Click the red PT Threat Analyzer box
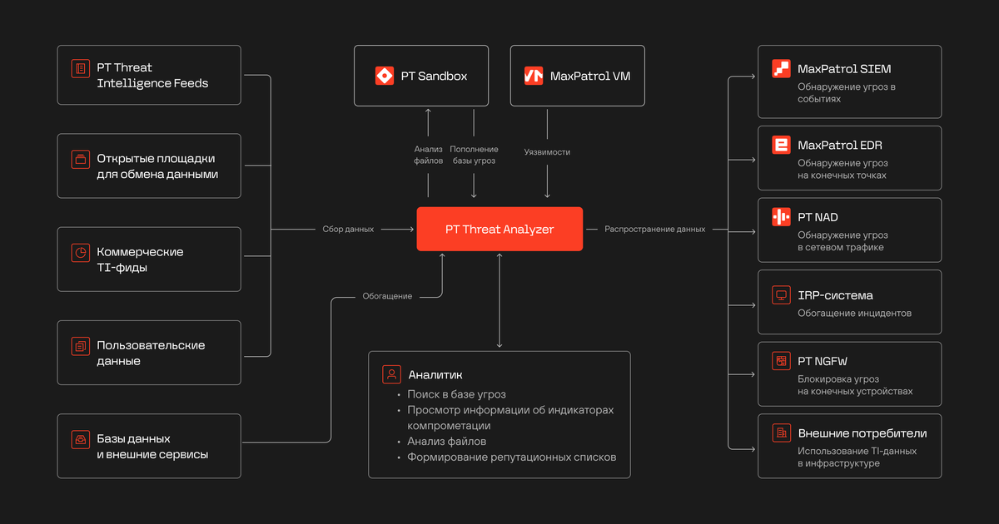499,229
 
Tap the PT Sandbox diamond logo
385,76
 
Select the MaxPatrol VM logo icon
534,76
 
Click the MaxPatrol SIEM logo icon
781,68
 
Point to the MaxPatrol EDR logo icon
781,145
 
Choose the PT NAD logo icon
781,217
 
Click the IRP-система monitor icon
781,295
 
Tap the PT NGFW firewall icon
781,361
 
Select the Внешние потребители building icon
781,433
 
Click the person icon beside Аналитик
391,374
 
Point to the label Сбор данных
348,229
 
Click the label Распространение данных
654,229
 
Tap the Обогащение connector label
387,296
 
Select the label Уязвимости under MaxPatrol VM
547,152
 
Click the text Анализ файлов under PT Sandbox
428,155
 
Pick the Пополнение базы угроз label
474,155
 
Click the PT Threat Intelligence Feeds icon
80,68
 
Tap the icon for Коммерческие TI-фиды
80,253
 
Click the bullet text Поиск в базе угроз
456,394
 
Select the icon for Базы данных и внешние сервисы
80,439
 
